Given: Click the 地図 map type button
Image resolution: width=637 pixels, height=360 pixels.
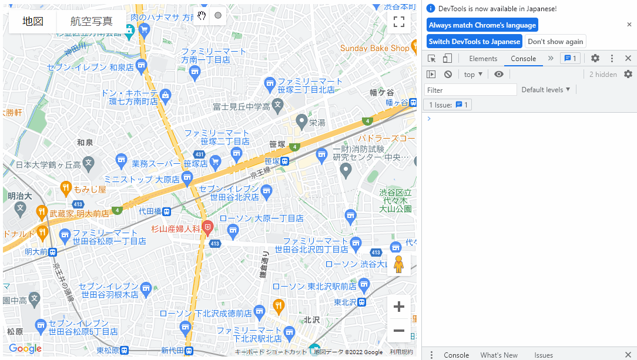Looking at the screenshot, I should (x=33, y=21).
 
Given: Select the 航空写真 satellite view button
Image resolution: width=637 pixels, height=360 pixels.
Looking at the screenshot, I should (x=91, y=21).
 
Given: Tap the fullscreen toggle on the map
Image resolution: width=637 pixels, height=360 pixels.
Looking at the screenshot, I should (x=399, y=22).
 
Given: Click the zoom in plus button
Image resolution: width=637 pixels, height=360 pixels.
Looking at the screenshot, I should (x=399, y=307).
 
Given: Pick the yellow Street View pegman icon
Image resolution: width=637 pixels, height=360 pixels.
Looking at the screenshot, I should (x=399, y=264).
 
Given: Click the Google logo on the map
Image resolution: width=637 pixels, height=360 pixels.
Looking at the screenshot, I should (x=25, y=348).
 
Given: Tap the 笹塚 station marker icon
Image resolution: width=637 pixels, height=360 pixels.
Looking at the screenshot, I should (x=284, y=161).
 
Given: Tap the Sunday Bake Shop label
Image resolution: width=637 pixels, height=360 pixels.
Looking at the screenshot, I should (x=374, y=48).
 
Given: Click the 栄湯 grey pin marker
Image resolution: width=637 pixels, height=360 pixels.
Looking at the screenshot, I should (x=301, y=122).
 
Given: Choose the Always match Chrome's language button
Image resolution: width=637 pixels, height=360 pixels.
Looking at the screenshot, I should (x=482, y=25).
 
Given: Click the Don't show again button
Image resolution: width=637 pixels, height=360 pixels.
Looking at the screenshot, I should (x=555, y=42).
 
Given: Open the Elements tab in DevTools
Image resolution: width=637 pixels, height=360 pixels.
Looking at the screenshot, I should (x=483, y=59).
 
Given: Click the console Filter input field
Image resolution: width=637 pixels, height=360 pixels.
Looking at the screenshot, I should (x=470, y=90).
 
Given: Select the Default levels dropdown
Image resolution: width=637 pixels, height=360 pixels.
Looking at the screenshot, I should (x=546, y=90).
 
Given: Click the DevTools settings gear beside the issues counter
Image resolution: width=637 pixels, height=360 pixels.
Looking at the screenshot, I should (x=595, y=58).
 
